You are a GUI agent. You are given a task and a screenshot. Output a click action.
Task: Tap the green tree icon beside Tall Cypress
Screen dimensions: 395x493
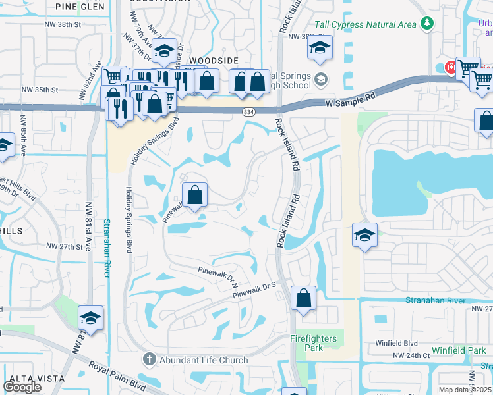click(428, 24)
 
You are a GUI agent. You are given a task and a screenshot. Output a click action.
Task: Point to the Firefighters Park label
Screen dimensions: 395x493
click(314, 339)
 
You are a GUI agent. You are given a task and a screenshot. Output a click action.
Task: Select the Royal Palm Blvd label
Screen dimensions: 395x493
click(117, 379)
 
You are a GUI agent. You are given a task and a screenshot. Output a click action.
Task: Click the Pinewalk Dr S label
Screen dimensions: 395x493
click(253, 291)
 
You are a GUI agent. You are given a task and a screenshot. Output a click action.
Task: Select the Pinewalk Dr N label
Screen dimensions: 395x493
click(217, 275)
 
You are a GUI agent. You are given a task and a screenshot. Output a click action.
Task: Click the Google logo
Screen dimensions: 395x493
click(22, 387)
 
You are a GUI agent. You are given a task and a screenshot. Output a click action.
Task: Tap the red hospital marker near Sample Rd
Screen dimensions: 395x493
click(451, 66)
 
